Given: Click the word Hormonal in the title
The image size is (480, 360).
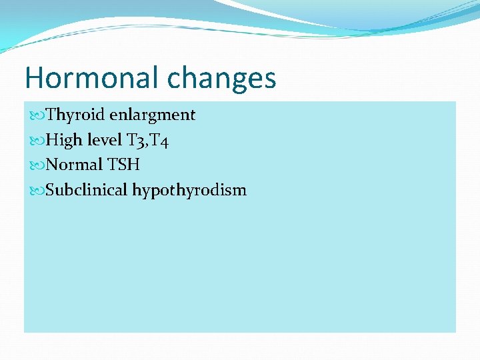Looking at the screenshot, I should (x=93, y=78).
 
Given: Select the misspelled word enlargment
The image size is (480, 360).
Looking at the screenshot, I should (x=152, y=115).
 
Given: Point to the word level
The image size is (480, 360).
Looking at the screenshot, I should (x=105, y=140).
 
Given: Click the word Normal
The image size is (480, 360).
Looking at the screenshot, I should (x=74, y=165).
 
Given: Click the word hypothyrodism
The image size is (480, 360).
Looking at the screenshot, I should (x=189, y=191).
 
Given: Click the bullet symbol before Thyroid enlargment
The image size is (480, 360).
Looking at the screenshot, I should (x=36, y=115).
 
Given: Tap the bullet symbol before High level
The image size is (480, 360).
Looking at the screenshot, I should (x=36, y=141).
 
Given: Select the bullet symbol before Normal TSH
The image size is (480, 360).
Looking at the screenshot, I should (x=36, y=165).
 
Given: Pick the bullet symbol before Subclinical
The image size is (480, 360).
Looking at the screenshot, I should (x=36, y=191).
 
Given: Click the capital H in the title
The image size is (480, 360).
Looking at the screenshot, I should (x=34, y=78).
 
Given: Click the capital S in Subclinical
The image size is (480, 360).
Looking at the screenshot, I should (x=51, y=190).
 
